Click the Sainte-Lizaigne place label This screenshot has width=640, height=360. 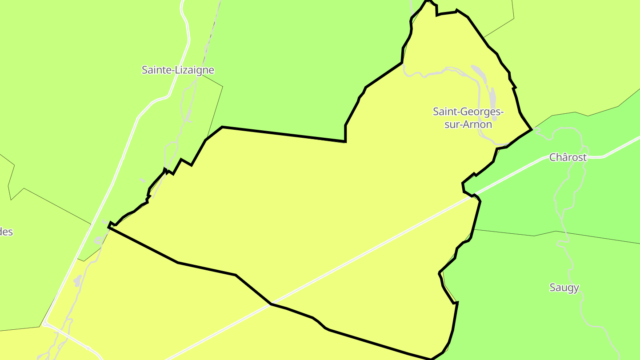[178, 70]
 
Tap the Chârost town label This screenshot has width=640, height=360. [568, 157]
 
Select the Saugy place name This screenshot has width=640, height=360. [564, 288]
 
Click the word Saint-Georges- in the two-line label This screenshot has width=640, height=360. [468, 112]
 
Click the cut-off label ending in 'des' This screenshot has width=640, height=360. [6, 232]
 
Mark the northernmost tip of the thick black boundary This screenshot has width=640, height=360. [428, 1]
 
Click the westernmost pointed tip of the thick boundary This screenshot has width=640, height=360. [109, 227]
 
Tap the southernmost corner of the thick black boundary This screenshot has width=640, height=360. [431, 359]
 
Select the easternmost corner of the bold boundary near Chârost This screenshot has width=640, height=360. [532, 130]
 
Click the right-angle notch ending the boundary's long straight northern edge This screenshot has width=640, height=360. [345, 141]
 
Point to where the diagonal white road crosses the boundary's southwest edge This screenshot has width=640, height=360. [271, 304]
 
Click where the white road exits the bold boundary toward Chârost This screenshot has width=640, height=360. [475, 196]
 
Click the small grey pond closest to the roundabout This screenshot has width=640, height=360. [78, 281]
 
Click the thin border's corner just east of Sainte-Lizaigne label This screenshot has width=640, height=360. [222, 86]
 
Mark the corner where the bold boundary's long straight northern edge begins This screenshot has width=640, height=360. [222, 127]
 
